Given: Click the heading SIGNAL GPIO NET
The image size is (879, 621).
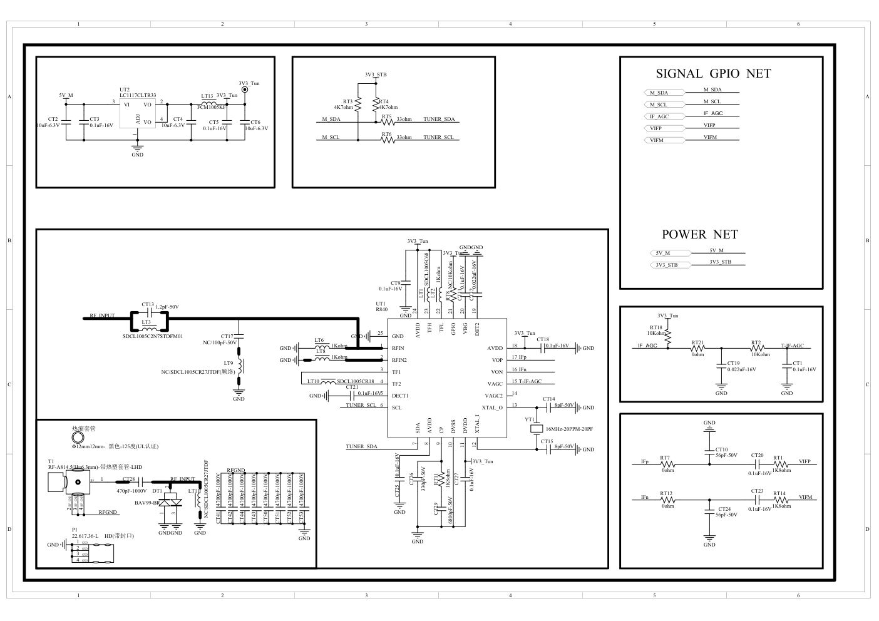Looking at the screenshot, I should [x=713, y=74].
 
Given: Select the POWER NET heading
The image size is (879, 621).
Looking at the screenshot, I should [x=699, y=235].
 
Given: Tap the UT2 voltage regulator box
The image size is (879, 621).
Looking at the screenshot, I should [x=138, y=114].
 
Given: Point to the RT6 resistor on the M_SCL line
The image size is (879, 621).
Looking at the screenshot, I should [x=388, y=140].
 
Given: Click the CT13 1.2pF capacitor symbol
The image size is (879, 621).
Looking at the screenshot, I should [x=149, y=310].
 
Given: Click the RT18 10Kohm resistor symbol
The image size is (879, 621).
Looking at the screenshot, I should [x=668, y=337].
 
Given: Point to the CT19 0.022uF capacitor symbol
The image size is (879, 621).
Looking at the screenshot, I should [x=721, y=366].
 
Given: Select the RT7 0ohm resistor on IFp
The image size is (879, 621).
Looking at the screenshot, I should [x=668, y=464].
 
